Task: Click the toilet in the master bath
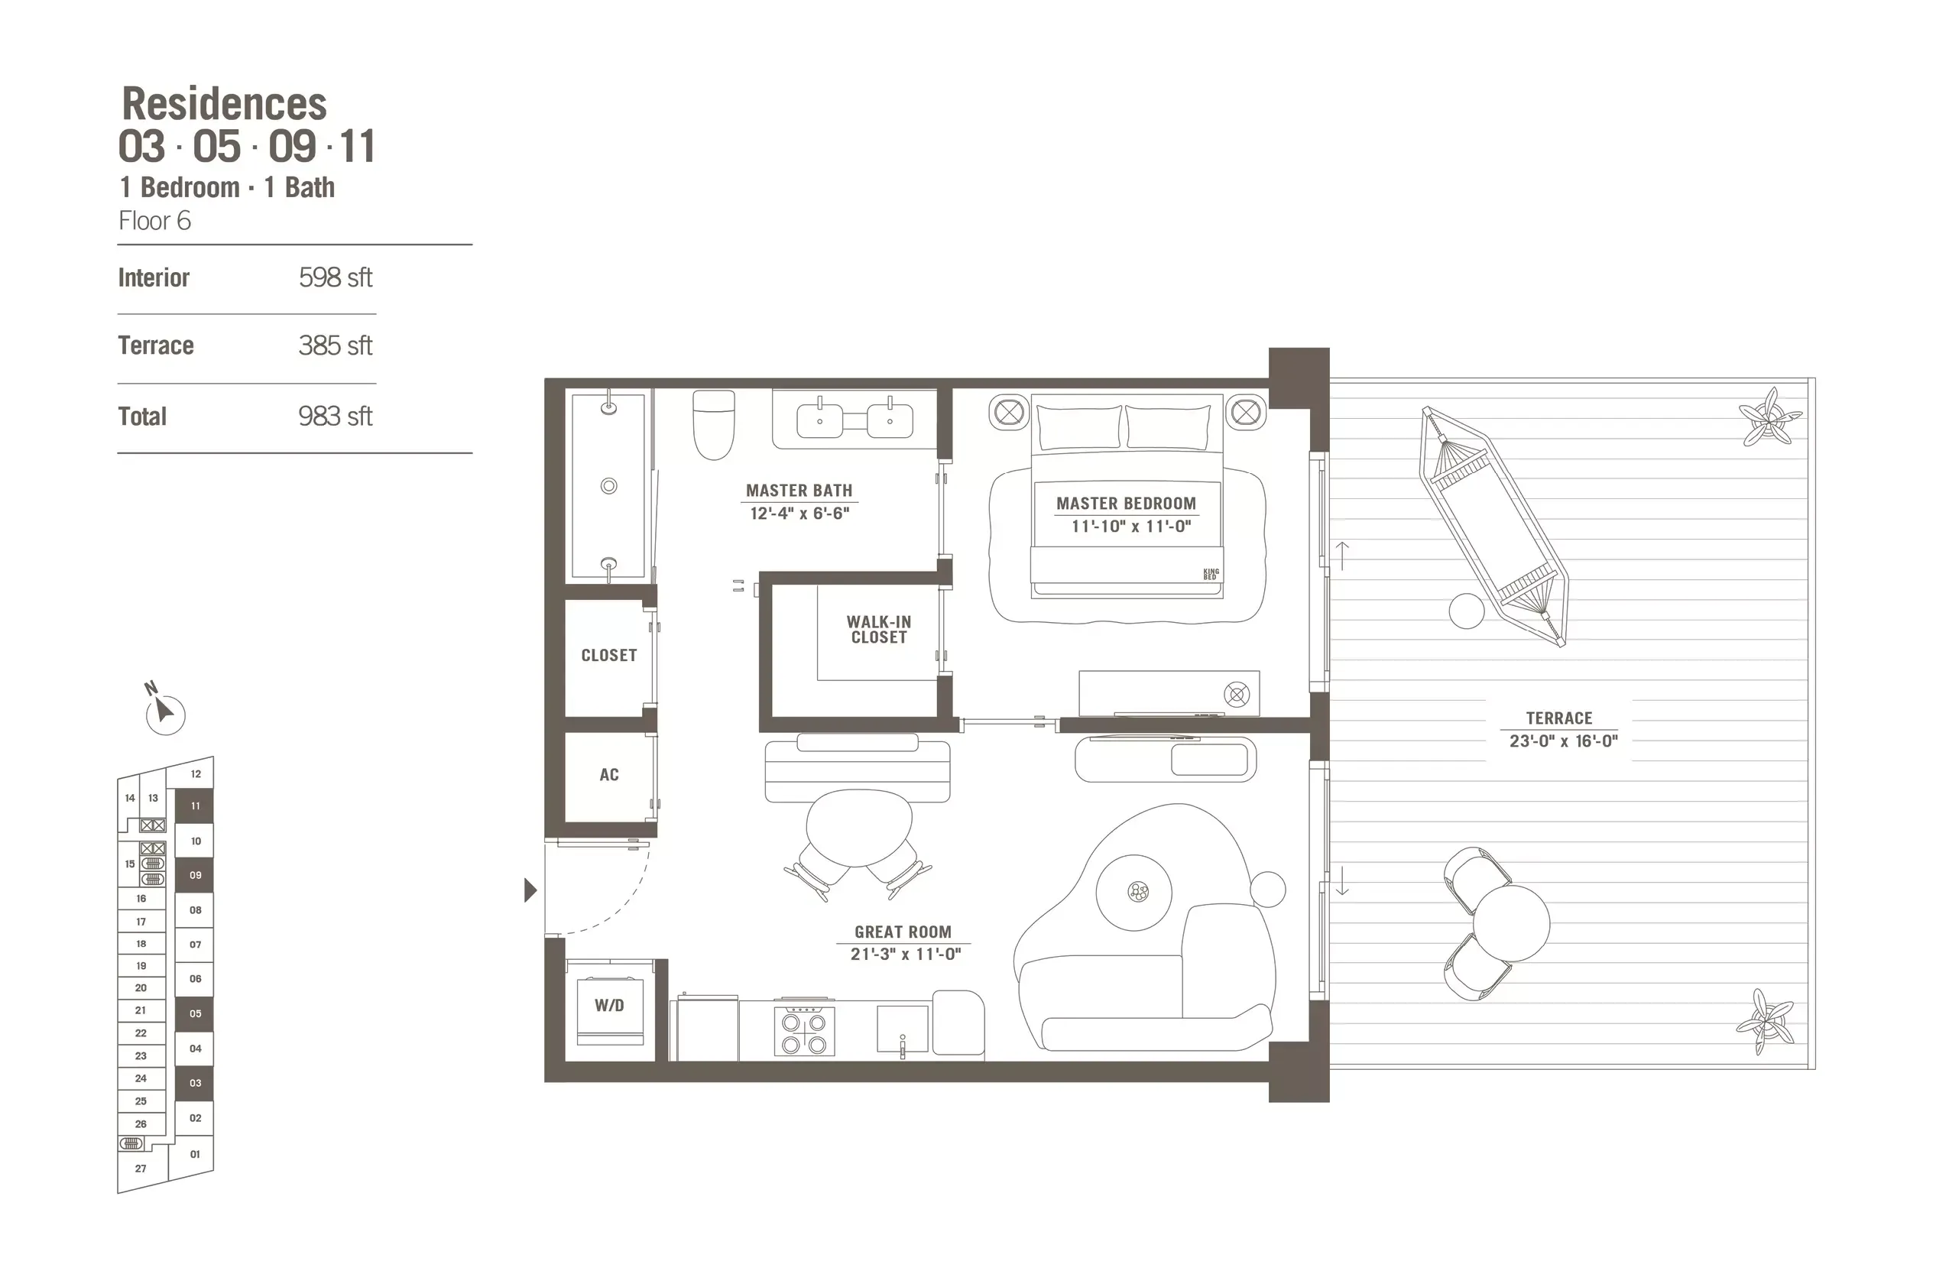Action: pyautogui.click(x=713, y=423)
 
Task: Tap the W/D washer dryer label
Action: pyautogui.click(x=609, y=1006)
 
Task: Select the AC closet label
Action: pyautogui.click(x=608, y=775)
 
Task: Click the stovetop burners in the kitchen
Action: pyautogui.click(x=804, y=1032)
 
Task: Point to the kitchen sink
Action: pyautogui.click(x=903, y=1029)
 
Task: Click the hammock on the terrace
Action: pyautogui.click(x=1493, y=527)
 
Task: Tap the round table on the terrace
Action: pyautogui.click(x=1511, y=923)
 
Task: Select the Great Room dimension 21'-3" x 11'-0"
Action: pyautogui.click(x=905, y=954)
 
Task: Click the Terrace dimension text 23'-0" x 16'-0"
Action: pyautogui.click(x=1563, y=741)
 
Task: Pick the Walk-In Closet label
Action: pyautogui.click(x=879, y=630)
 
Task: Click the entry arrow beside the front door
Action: pyautogui.click(x=530, y=890)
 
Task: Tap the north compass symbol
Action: pyautogui.click(x=164, y=712)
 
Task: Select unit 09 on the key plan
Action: pyautogui.click(x=195, y=875)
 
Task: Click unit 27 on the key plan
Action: pyautogui.click(x=141, y=1169)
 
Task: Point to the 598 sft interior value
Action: pyautogui.click(x=335, y=277)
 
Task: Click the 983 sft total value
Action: pyautogui.click(x=335, y=416)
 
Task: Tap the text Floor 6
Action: pyautogui.click(x=154, y=221)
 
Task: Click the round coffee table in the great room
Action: pyautogui.click(x=1134, y=892)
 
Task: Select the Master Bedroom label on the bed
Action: pyautogui.click(x=1126, y=504)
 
